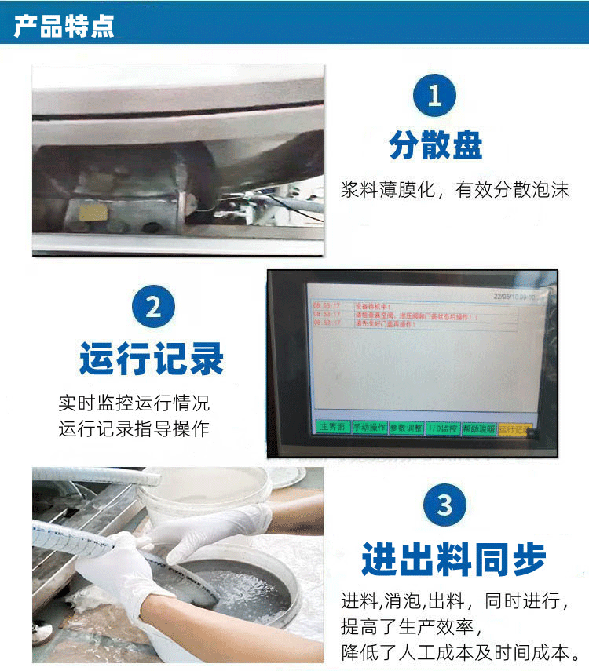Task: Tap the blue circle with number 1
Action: pyautogui.click(x=434, y=96)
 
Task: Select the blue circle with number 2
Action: pyautogui.click(x=152, y=306)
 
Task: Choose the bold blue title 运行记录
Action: pyautogui.click(x=152, y=358)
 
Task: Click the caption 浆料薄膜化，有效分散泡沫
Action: pyautogui.click(x=455, y=190)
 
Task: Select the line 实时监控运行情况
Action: pyautogui.click(x=134, y=404)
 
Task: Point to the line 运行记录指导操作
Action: pyautogui.click(x=134, y=429)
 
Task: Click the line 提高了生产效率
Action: pyautogui.click(x=409, y=626)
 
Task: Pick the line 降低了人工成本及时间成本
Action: pyautogui.click(x=460, y=651)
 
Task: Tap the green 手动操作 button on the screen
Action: pyautogui.click(x=369, y=428)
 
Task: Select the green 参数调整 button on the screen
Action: pyautogui.click(x=406, y=428)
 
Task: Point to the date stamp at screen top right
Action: pyautogui.click(x=515, y=297)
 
